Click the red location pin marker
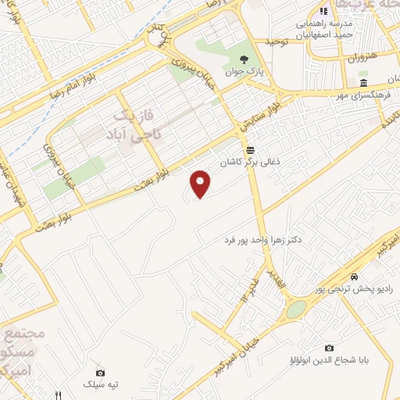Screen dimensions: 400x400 click(202, 184)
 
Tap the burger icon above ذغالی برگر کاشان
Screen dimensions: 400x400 click(250, 148)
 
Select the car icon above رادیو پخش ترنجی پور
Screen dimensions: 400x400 click(355, 277)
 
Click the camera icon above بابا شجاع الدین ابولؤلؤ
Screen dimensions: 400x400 click(329, 348)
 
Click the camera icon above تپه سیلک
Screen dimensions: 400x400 click(99, 373)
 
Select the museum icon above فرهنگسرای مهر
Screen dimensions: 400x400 click(363, 83)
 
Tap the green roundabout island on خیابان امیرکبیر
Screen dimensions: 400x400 click(295, 310)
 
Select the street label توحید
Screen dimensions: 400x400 click(277, 41)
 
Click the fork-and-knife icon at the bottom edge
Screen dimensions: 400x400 click(58, 395)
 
